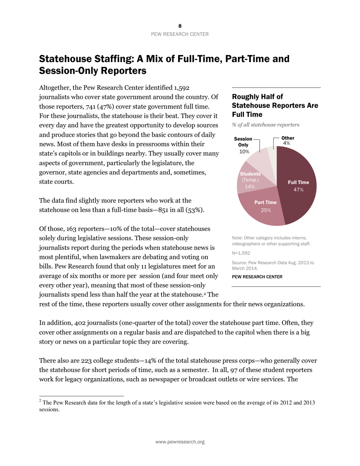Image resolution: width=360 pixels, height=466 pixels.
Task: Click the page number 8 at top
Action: [180, 26]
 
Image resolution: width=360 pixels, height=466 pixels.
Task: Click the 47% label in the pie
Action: [298, 189]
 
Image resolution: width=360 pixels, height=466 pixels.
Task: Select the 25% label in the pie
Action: [266, 210]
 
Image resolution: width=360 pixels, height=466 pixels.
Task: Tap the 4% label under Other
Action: [286, 144]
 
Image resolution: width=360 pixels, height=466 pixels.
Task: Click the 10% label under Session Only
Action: [244, 152]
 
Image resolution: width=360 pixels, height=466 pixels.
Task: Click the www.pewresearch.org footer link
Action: [180, 442]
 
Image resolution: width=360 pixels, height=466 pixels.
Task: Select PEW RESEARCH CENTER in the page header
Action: [180, 34]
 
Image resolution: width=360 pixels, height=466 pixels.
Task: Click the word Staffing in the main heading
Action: [118, 59]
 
